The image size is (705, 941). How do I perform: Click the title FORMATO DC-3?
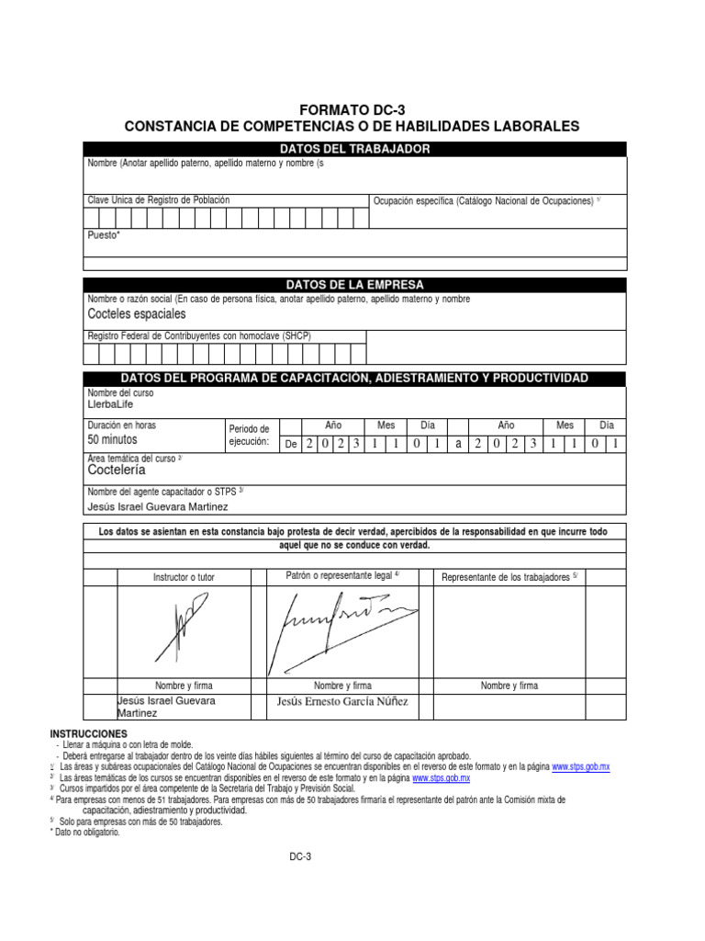coord(352,109)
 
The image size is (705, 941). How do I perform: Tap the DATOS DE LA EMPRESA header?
coord(354,285)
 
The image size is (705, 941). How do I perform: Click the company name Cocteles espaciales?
coord(136,314)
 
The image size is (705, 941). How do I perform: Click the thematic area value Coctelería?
coord(117,470)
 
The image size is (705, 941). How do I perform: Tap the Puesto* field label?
coord(103,235)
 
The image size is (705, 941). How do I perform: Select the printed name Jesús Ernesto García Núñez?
coord(342,702)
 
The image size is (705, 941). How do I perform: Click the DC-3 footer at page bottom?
coord(301,856)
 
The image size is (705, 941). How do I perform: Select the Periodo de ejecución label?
coord(249,435)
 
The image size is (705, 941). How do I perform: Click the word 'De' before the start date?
coord(290,443)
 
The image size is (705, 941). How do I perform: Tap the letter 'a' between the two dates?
coord(458,443)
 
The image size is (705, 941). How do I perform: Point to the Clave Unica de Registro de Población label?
coord(158,199)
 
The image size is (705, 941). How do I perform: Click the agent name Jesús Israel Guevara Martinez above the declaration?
coord(157,506)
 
